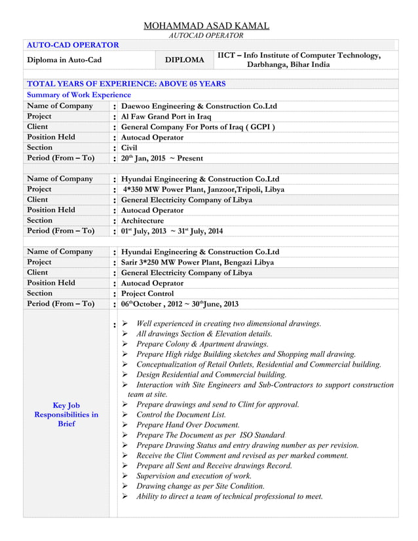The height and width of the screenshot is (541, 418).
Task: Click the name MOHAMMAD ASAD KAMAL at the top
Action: pyautogui.click(x=206, y=26)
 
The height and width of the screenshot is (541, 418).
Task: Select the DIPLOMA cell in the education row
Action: pyautogui.click(x=184, y=60)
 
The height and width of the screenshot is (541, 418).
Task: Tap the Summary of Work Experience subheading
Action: pyautogui.click(x=79, y=95)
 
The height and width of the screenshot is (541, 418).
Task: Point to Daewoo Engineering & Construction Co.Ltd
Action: pyautogui.click(x=199, y=106)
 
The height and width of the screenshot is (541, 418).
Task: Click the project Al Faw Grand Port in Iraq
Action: pyautogui.click(x=166, y=117)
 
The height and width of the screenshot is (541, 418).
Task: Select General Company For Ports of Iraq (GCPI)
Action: pyautogui.click(x=198, y=127)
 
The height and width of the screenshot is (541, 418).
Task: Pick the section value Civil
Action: pyautogui.click(x=130, y=148)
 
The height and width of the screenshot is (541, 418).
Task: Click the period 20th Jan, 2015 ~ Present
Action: pyautogui.click(x=162, y=159)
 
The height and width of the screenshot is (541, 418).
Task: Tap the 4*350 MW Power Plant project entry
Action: pyautogui.click(x=204, y=189)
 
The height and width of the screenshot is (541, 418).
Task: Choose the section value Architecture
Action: pyautogui.click(x=143, y=221)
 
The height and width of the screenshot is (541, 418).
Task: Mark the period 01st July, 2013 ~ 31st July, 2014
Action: pyautogui.click(x=172, y=231)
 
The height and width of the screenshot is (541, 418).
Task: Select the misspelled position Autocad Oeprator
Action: pyautogui.click(x=153, y=283)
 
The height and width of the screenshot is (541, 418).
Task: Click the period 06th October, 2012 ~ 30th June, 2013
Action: pyautogui.click(x=180, y=304)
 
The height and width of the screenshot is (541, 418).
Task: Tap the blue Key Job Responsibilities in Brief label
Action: pyautogui.click(x=66, y=415)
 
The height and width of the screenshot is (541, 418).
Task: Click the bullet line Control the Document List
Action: pyautogui.click(x=181, y=415)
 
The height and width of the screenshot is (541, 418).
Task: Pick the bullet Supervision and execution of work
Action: pyautogui.click(x=193, y=476)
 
